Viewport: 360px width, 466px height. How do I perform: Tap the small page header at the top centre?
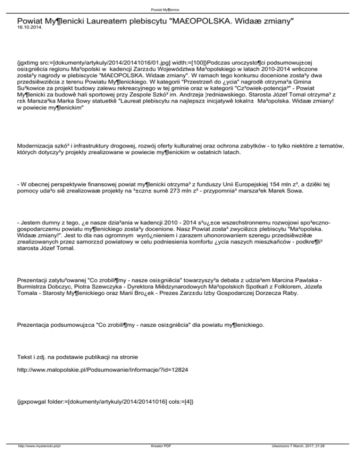click(180, 9)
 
